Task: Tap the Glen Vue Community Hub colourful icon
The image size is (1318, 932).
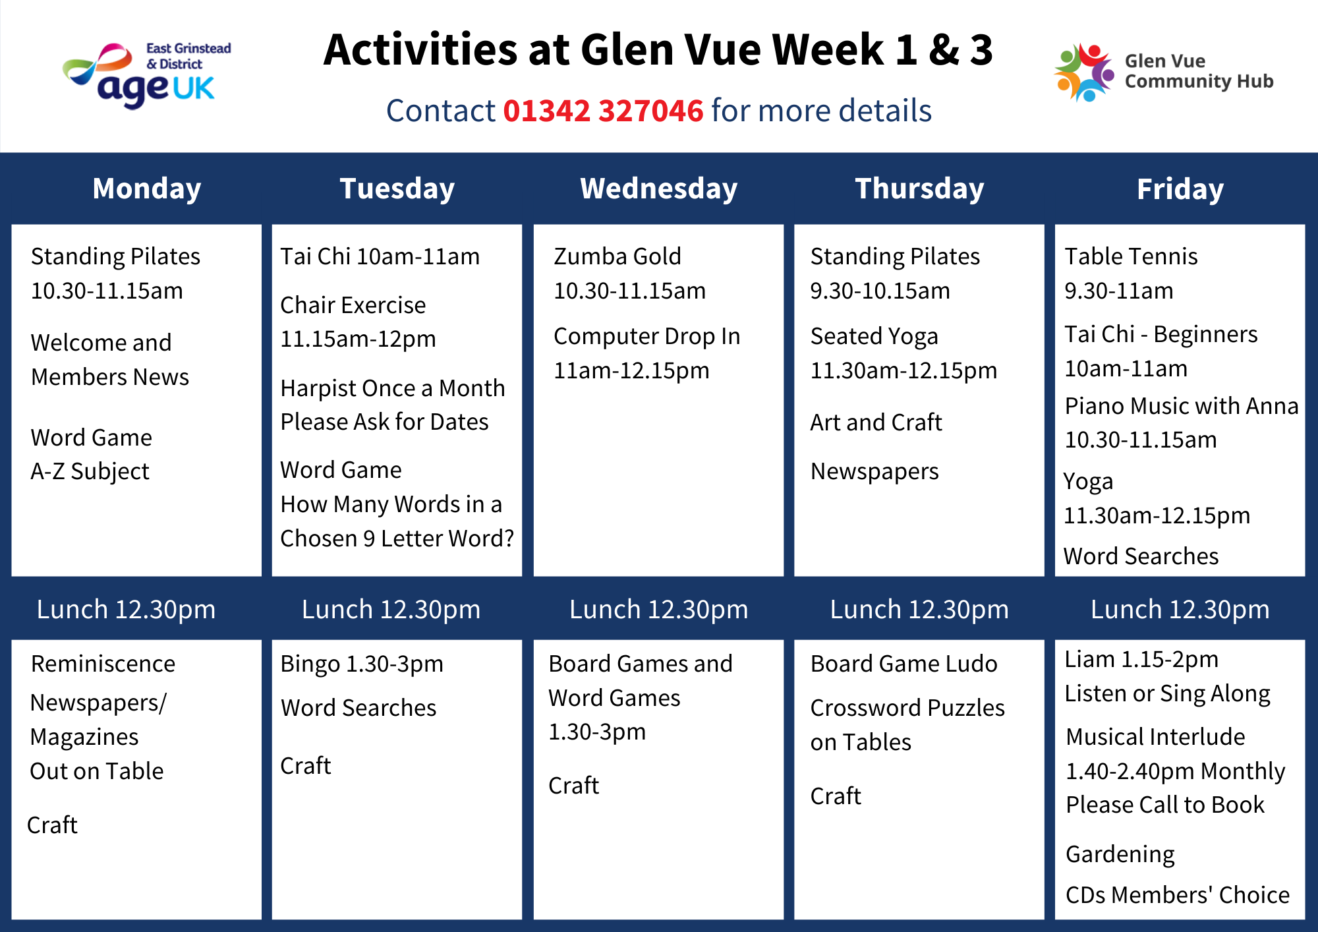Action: [1084, 72]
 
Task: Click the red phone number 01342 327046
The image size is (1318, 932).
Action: [603, 111]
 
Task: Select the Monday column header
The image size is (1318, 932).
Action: [147, 189]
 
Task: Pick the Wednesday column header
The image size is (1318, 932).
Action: [659, 189]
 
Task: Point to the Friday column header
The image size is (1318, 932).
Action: [1180, 189]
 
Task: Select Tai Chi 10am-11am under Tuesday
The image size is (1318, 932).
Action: [380, 256]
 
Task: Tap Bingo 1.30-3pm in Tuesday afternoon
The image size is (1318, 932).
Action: [362, 664]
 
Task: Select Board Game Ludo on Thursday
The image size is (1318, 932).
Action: [903, 664]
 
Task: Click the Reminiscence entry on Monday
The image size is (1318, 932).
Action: [103, 664]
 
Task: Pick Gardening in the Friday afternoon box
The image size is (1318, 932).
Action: [1120, 854]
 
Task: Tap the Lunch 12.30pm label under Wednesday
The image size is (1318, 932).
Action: [659, 610]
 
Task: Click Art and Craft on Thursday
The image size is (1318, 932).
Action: [876, 422]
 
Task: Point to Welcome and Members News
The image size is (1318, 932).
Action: [109, 360]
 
